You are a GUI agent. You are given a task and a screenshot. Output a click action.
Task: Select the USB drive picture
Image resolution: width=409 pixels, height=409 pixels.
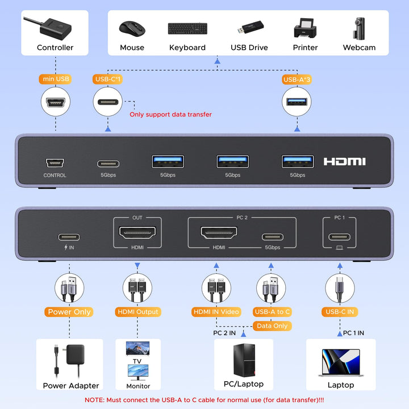(249, 28)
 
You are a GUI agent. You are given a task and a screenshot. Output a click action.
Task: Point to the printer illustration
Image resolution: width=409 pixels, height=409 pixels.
(305, 28)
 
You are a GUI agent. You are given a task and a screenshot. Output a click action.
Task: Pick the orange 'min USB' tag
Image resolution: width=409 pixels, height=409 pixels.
(55, 80)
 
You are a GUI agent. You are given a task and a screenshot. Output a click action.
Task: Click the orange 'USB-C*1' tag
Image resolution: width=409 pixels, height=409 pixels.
(108, 80)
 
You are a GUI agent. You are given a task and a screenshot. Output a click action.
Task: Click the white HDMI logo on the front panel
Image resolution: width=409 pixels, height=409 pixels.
(345, 162)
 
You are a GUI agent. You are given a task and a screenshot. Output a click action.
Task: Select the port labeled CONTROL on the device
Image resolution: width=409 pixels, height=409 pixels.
(55, 162)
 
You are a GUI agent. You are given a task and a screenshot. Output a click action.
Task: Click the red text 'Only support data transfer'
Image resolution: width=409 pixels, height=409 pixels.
(170, 114)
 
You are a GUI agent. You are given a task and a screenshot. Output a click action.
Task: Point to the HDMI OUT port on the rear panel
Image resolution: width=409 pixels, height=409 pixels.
(137, 233)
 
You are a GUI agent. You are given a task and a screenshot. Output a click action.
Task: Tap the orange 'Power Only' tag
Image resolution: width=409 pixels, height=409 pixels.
(69, 312)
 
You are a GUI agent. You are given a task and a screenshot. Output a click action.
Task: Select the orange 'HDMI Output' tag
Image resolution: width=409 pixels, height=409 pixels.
(138, 312)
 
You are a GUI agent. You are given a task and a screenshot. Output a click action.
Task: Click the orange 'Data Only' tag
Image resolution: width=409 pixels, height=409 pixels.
(272, 326)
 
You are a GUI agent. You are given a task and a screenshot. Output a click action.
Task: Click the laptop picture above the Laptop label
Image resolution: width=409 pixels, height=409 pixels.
(341, 362)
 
